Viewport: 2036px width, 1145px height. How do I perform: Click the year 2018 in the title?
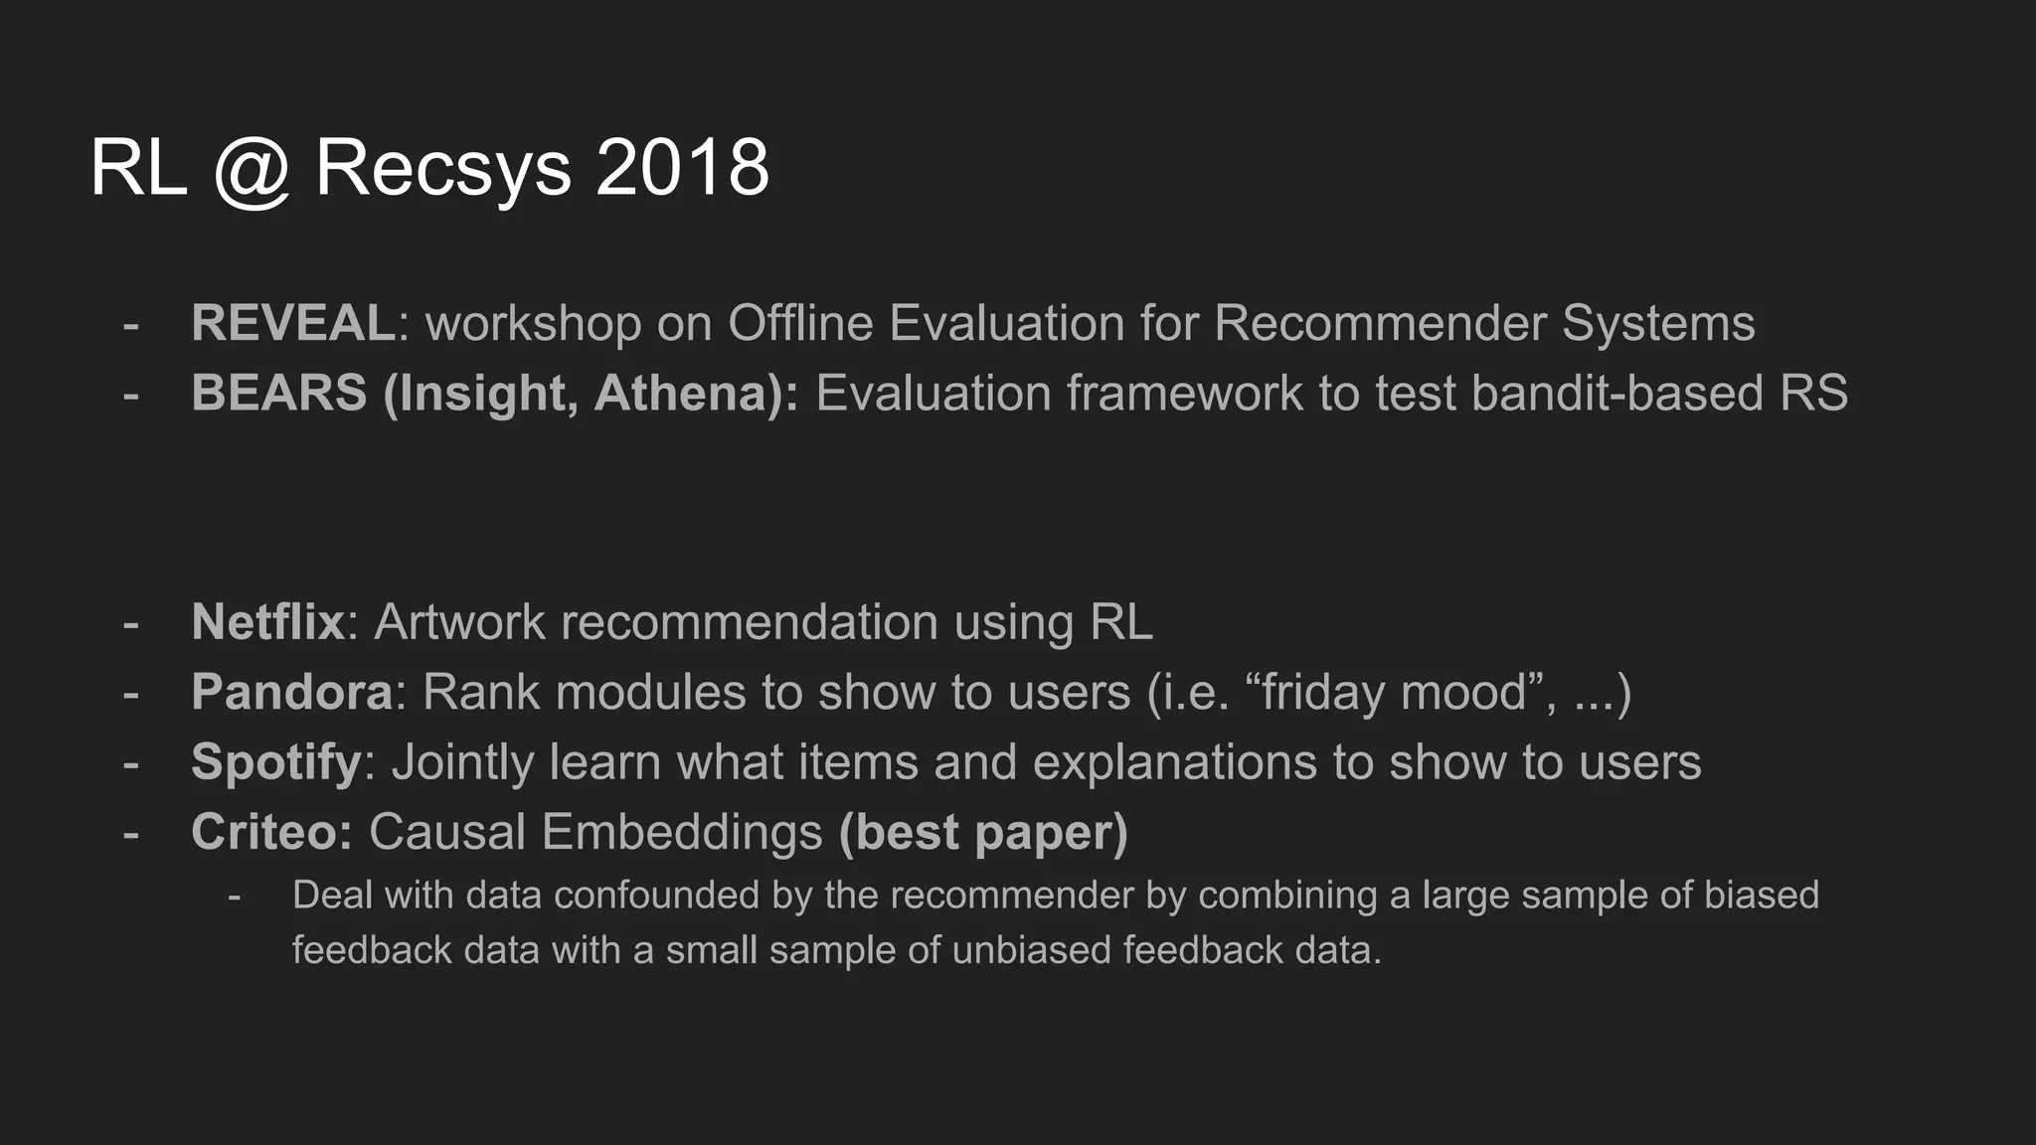pos(682,167)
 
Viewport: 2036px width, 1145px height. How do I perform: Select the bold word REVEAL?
pos(293,323)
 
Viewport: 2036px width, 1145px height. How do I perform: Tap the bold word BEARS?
pos(279,393)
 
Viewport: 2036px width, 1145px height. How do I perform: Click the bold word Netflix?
pos(267,622)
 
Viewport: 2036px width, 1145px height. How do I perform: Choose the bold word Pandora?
pos(292,692)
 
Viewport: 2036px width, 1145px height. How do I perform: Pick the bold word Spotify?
pos(276,762)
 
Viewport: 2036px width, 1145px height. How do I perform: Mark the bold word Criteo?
pos(271,832)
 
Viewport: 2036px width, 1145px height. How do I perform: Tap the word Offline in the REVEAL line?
pos(800,323)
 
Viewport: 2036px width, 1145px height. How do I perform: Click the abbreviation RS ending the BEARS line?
pos(1814,393)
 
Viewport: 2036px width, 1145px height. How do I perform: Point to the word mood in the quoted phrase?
pos(1463,692)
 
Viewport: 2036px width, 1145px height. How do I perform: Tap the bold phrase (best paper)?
pos(983,832)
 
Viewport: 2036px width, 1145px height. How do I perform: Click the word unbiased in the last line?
pos(1030,950)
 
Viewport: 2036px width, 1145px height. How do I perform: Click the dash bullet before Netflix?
pos(130,623)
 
